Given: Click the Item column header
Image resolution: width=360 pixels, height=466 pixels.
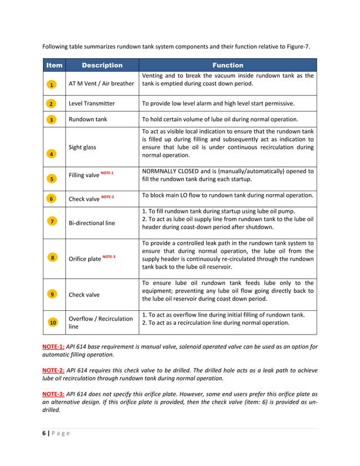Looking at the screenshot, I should (x=54, y=65).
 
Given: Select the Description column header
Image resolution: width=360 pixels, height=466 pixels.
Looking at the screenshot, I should (x=102, y=65).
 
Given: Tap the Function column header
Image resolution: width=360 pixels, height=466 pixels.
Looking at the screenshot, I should (x=227, y=65).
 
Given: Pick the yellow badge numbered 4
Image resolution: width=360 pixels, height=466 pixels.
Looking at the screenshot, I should (x=51, y=153).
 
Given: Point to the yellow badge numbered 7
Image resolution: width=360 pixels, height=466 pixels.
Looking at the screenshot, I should (x=51, y=221).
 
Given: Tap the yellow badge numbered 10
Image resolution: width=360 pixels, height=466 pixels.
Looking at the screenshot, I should (x=52, y=323).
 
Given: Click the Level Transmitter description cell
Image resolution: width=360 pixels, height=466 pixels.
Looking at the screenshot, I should (x=91, y=104).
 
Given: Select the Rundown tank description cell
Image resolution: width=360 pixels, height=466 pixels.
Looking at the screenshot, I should (x=89, y=120).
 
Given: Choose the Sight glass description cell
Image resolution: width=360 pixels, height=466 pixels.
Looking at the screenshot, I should (x=82, y=147).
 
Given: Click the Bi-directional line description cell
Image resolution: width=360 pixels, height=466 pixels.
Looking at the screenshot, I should (x=91, y=223).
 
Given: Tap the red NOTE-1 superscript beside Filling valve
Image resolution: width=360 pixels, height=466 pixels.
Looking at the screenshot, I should (x=107, y=173).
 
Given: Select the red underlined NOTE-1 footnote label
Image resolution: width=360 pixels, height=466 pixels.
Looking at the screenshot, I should (x=54, y=346).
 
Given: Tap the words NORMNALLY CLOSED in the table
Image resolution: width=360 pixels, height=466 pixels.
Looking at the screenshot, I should (x=171, y=171).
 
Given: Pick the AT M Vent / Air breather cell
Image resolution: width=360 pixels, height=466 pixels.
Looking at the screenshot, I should (x=101, y=83).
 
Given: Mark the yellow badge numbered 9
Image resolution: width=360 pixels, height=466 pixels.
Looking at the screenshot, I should (x=51, y=294).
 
